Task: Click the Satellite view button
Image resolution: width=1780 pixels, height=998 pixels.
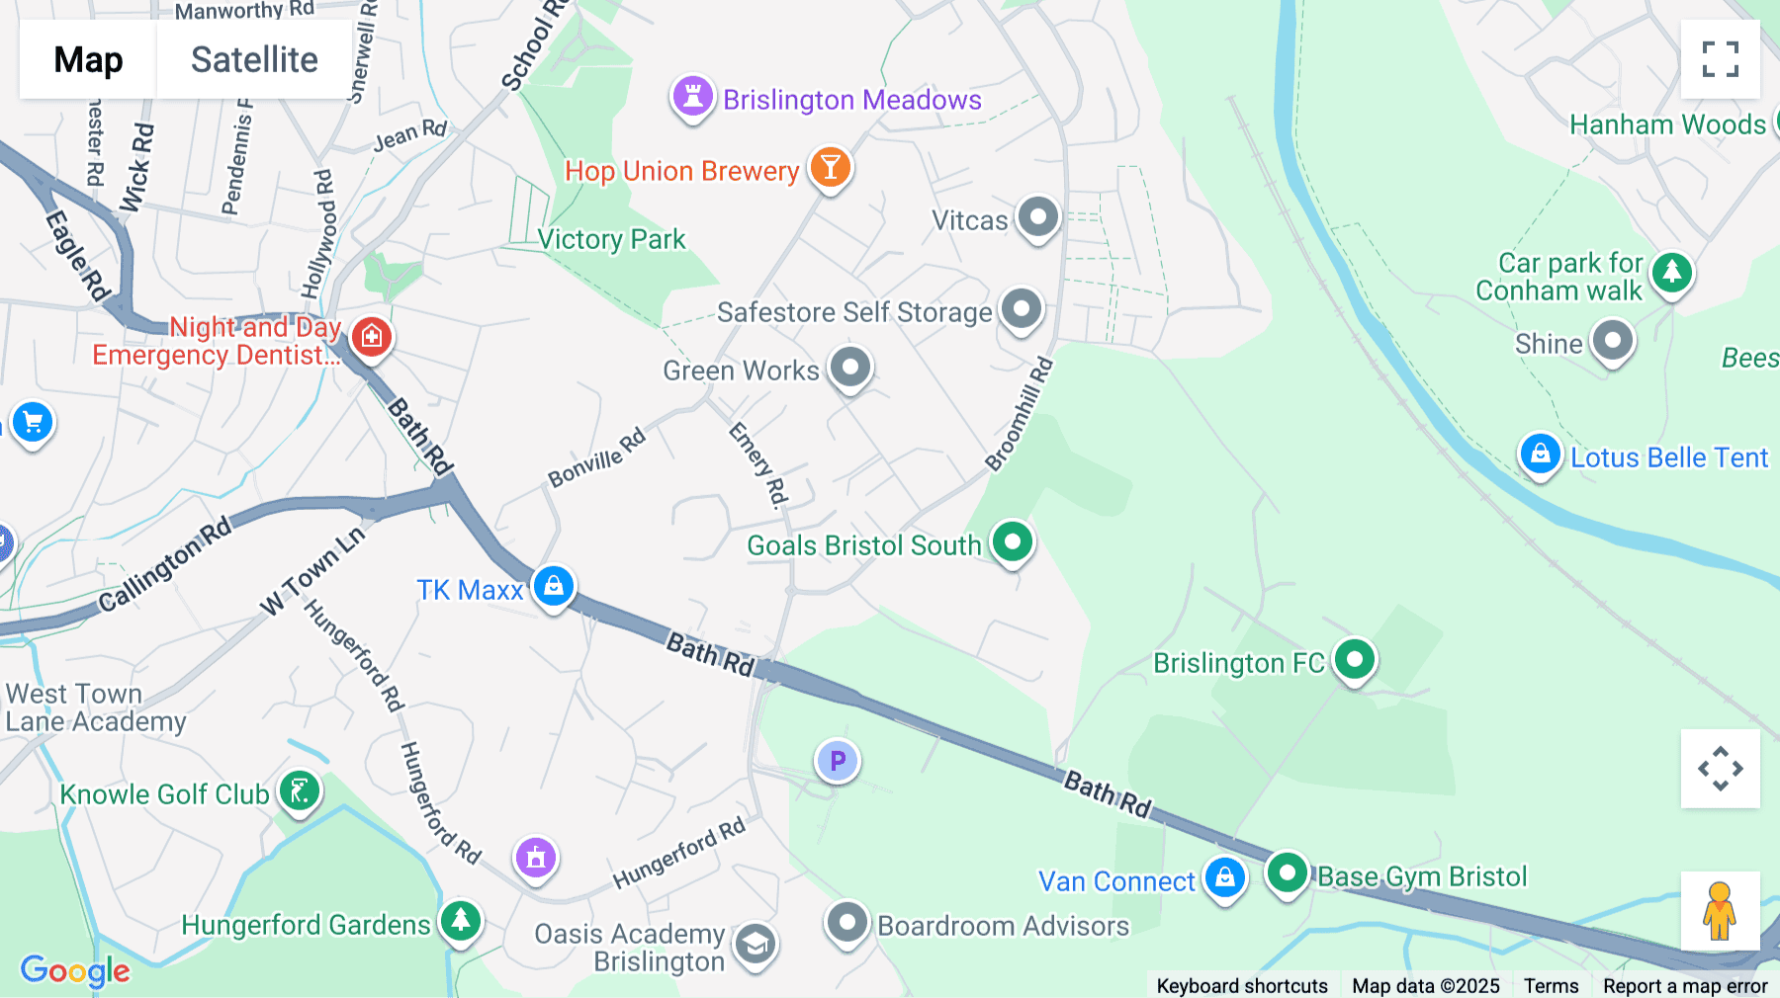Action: pyautogui.click(x=254, y=59)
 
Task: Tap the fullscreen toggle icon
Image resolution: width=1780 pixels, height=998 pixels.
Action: pyautogui.click(x=1720, y=59)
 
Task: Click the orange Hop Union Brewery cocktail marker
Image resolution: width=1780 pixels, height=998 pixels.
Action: pyautogui.click(x=830, y=168)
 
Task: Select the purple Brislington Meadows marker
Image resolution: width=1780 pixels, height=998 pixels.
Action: pyautogui.click(x=692, y=97)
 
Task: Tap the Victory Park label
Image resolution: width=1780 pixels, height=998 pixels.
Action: pyautogui.click(x=611, y=239)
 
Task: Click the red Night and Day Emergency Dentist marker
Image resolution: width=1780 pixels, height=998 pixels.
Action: pyautogui.click(x=372, y=336)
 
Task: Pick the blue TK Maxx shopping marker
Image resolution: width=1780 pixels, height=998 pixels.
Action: pyautogui.click(x=554, y=586)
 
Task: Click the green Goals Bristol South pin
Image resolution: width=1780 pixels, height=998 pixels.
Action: pyautogui.click(x=1012, y=541)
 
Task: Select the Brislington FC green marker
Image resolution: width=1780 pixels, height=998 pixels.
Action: pyautogui.click(x=1354, y=659)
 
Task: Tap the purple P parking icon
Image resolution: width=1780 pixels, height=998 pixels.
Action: pyautogui.click(x=838, y=761)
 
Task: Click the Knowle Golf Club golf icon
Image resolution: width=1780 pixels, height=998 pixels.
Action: pyautogui.click(x=300, y=790)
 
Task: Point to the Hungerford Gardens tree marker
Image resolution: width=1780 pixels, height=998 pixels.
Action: pyautogui.click(x=460, y=921)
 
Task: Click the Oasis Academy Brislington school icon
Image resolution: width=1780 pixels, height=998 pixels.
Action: pyautogui.click(x=756, y=945)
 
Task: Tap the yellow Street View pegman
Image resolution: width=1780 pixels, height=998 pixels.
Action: pyautogui.click(x=1719, y=910)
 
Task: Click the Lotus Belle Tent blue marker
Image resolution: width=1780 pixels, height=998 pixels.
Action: pyautogui.click(x=1540, y=455)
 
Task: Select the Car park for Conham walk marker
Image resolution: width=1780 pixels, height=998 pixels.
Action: pyautogui.click(x=1671, y=272)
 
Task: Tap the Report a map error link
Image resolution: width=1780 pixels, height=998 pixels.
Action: pyautogui.click(x=1684, y=985)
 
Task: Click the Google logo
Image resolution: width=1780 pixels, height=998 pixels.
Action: pyautogui.click(x=75, y=970)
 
